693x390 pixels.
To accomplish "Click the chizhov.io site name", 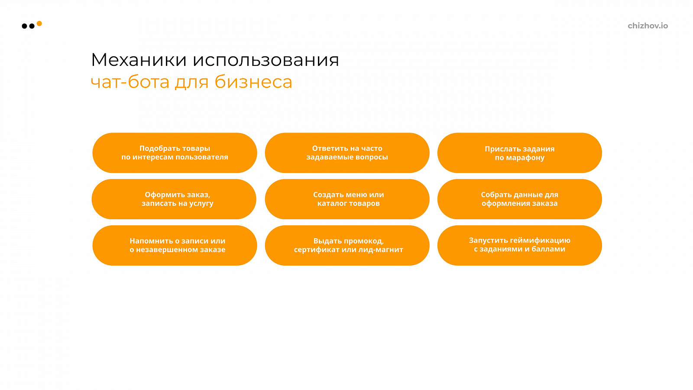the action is pos(648,26).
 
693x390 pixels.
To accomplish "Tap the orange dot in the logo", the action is pos(39,23).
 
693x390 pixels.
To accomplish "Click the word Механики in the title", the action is pos(139,59).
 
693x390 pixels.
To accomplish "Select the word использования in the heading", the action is pos(266,59).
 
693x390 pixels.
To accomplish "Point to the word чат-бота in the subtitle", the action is pos(130,82).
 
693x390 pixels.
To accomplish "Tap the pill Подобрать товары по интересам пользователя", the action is pos(175,153).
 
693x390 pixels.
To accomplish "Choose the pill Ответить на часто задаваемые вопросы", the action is pos(347,153).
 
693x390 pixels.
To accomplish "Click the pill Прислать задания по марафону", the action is pos(519,153).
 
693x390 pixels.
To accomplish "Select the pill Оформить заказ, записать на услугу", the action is pos(174,199).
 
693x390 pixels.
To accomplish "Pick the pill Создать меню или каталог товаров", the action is pos(347,199).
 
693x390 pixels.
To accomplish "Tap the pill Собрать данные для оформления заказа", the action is pos(519,199).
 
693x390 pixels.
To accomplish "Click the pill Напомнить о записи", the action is pos(175,245).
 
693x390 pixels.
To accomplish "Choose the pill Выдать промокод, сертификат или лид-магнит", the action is pos(347,245).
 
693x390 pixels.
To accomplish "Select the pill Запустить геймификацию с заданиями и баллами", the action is pos(519,245).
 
